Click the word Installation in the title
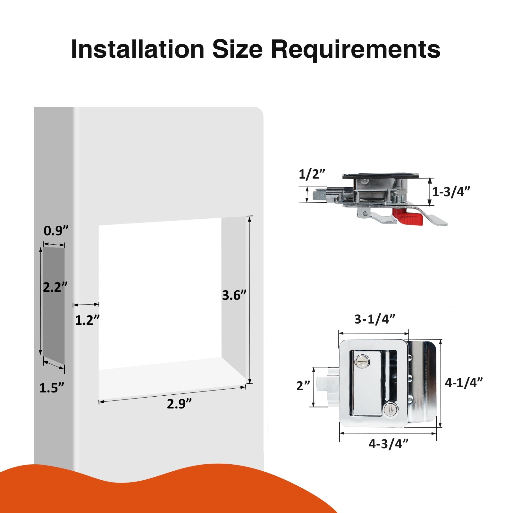[138, 49]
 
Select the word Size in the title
[238, 49]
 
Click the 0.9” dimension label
[56, 231]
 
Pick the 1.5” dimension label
[52, 388]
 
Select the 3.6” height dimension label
[234, 295]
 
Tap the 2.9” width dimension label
[179, 404]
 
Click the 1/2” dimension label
[312, 174]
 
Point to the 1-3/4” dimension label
[451, 192]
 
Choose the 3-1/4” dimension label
[374, 319]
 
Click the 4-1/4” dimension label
[464, 382]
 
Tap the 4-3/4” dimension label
[389, 444]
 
